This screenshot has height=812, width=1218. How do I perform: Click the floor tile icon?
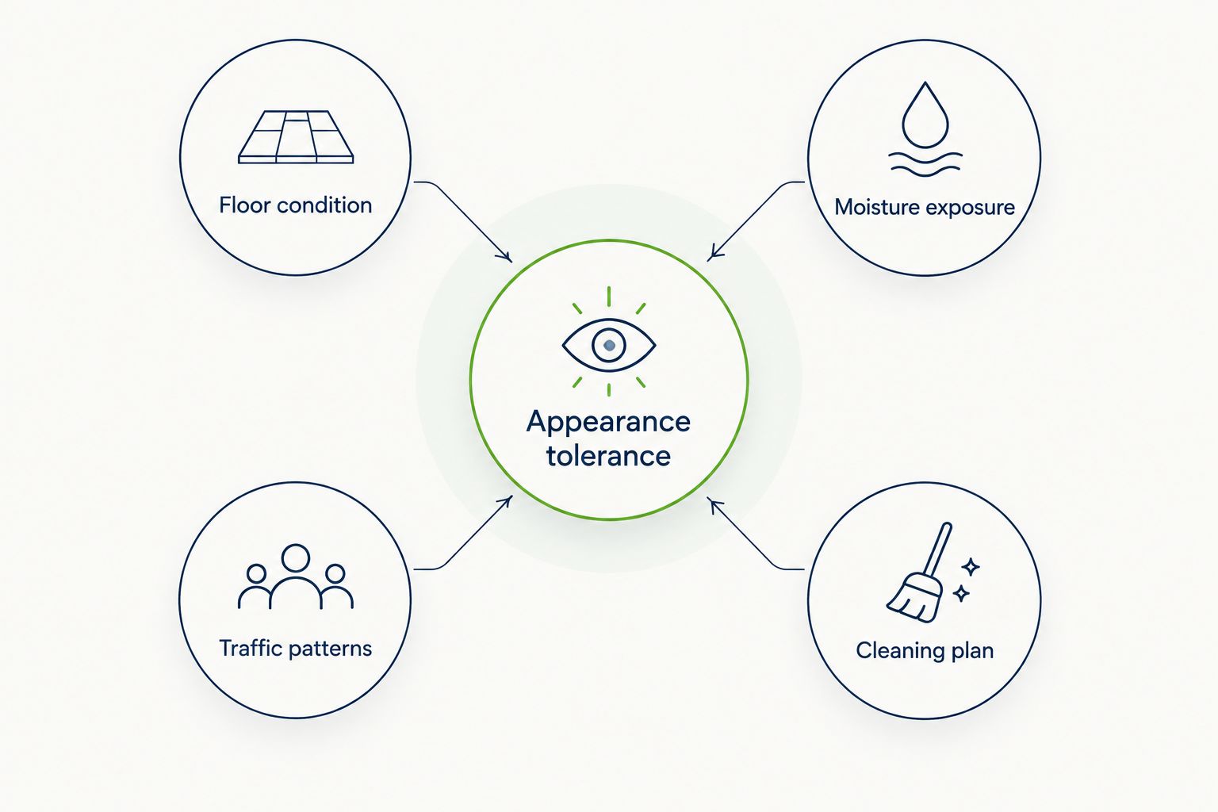(296, 137)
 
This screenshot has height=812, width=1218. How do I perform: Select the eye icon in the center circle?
(609, 345)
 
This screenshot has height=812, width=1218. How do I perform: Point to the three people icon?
(296, 576)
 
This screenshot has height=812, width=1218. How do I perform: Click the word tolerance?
(608, 456)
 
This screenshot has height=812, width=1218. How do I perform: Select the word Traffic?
(251, 648)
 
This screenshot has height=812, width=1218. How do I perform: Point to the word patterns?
(330, 649)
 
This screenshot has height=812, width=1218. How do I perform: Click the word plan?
(973, 651)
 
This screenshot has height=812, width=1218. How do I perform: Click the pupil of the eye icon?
(609, 345)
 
